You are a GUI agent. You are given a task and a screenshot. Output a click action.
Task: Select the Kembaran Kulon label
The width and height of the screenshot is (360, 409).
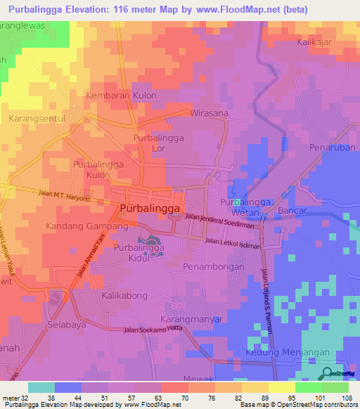pos(120,95)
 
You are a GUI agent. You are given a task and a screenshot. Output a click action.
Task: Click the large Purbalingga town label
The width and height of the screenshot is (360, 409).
pos(150,209)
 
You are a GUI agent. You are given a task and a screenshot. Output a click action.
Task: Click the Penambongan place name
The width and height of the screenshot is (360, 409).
pos(213,267)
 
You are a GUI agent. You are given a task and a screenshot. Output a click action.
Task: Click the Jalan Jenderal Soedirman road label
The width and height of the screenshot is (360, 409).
pos(223,220)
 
